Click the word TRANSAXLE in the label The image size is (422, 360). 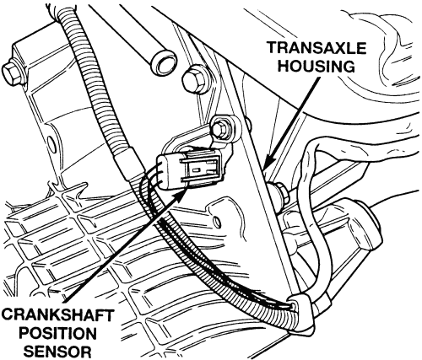(317, 48)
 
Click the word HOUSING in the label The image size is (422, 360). (316, 67)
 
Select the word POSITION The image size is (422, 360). (59, 334)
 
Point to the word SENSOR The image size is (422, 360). (57, 352)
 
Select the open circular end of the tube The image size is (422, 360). (165, 62)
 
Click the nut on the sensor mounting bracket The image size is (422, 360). (220, 128)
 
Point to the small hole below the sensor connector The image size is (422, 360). (216, 221)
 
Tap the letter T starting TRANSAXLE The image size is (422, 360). (273, 48)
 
